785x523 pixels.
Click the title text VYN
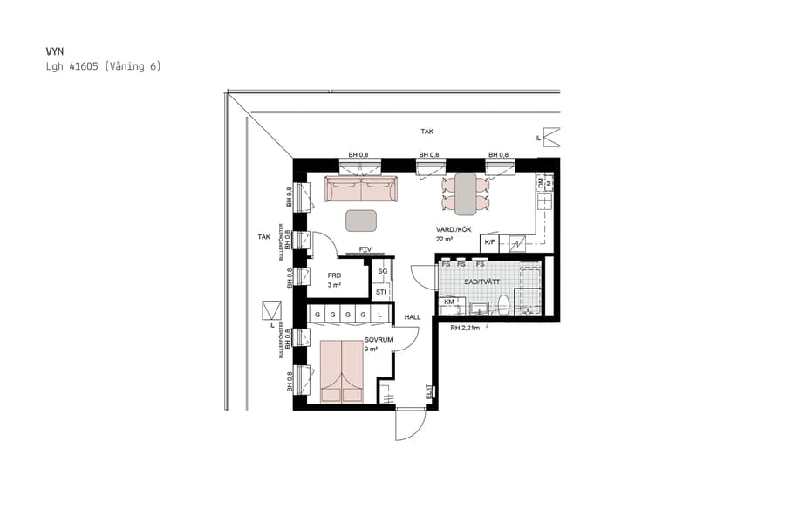(x=55, y=51)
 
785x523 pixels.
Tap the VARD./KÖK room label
(x=454, y=230)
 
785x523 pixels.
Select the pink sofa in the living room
(x=360, y=189)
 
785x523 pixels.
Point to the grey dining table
(x=466, y=193)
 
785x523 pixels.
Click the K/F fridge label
(x=489, y=241)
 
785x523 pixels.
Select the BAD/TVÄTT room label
(x=482, y=282)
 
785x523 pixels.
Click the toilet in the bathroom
(x=502, y=304)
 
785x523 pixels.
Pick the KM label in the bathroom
(x=450, y=302)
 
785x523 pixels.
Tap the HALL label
(x=413, y=317)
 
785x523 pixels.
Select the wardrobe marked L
(x=380, y=314)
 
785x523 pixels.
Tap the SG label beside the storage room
(x=381, y=272)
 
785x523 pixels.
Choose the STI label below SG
(x=381, y=291)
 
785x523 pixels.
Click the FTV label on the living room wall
(x=365, y=250)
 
